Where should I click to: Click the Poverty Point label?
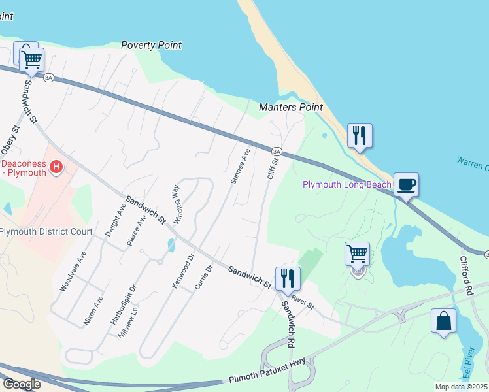coord(151,45)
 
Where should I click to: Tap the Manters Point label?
coord(291,107)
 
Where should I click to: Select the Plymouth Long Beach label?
coord(346,184)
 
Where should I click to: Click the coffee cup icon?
coord(406,185)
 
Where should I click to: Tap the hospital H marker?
coord(56,167)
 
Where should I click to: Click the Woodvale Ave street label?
coord(73,271)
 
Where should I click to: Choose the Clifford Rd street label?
coord(467,273)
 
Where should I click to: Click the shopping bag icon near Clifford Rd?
coord(443,321)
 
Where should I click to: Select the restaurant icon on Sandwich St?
coord(287,279)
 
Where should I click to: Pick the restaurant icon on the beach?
coord(360,136)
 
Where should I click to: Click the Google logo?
coord(22,384)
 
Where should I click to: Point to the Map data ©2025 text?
coord(461,387)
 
